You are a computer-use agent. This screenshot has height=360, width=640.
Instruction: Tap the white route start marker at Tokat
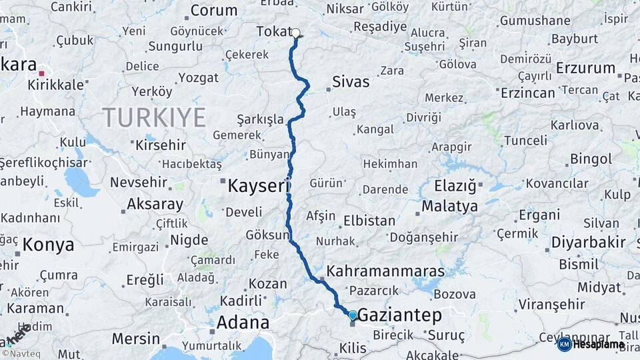[x=296, y=33]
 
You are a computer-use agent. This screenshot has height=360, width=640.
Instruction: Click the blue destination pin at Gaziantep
[x=353, y=314]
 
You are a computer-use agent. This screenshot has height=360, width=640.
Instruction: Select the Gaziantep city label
[x=400, y=315]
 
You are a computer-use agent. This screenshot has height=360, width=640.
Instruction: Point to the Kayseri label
[x=257, y=185]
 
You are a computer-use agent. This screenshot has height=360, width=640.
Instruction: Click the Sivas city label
[x=351, y=83]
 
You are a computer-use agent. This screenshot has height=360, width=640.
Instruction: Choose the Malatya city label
[x=450, y=206]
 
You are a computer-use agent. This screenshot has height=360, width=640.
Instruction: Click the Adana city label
[x=243, y=323]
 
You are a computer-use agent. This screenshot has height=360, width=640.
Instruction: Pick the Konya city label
[x=48, y=245]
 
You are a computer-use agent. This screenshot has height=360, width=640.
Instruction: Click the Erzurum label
[x=585, y=68]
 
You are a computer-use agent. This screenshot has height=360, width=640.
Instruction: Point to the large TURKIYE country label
[x=154, y=117]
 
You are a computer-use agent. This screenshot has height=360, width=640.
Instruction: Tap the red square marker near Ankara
[x=41, y=74]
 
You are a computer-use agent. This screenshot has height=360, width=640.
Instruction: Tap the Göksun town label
[x=268, y=235]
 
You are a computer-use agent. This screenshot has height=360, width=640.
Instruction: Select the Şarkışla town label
[x=261, y=119]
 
